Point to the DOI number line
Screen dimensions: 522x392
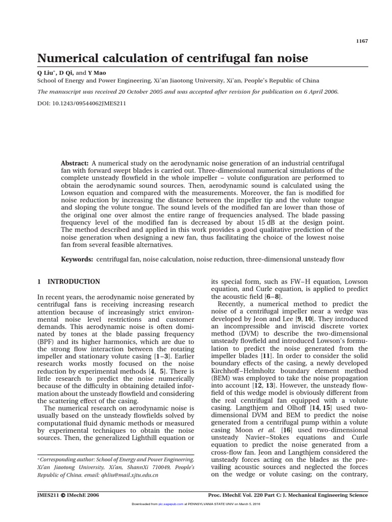[x=82, y=102]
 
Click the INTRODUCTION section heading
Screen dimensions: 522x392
[x=73, y=281]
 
